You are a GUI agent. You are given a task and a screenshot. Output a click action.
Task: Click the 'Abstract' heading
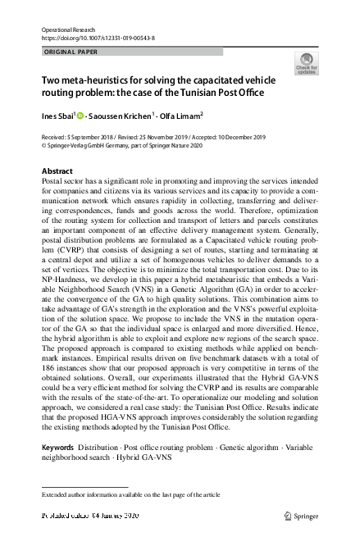tap(57, 171)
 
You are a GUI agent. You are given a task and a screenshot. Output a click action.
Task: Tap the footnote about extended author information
tap(124, 494)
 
